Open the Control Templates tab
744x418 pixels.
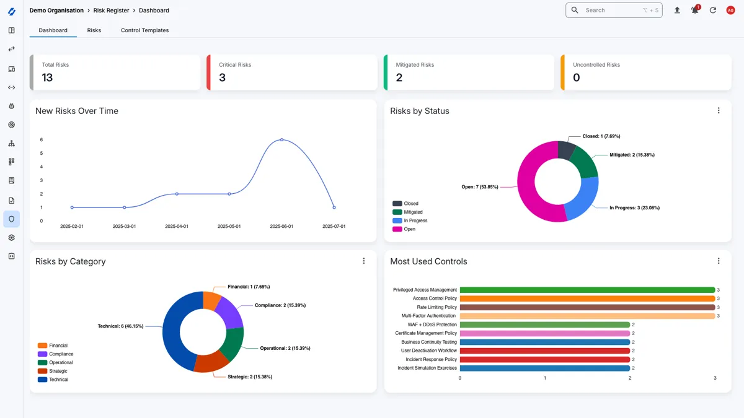click(144, 30)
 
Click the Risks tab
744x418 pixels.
click(94, 30)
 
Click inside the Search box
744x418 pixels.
click(611, 11)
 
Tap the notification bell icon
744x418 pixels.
click(694, 11)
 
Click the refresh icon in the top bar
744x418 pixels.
click(712, 11)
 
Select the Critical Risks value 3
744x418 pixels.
click(222, 78)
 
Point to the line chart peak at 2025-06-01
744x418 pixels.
click(281, 140)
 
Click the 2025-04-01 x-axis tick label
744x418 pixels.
click(177, 227)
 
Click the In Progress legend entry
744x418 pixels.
click(415, 220)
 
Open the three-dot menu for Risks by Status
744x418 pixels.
click(719, 111)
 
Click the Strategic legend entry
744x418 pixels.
click(58, 371)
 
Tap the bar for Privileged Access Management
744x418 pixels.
click(587, 290)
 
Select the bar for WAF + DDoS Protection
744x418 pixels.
click(544, 324)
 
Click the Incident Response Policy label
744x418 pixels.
click(431, 359)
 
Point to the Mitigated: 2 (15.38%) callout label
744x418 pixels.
click(631, 155)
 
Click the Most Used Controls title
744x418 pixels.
click(428, 261)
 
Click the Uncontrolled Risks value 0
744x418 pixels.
click(577, 78)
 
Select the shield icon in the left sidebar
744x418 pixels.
click(11, 219)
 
